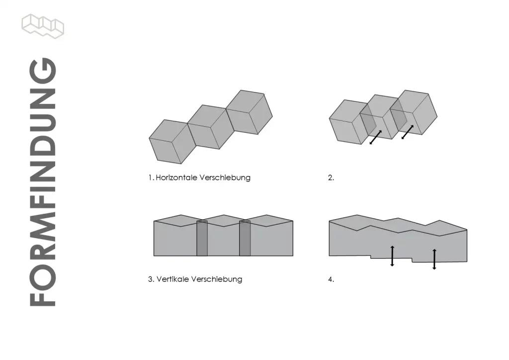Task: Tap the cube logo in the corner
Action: coord(43,26)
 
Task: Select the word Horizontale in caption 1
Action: coord(176,178)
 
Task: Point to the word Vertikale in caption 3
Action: coord(172,279)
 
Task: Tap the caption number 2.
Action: coord(331,178)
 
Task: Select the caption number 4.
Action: coord(331,279)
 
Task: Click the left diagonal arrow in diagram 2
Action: coord(376,137)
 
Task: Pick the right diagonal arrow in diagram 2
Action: coord(407,132)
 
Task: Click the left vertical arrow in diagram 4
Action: coord(392,256)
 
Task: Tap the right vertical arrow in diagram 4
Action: coord(434,259)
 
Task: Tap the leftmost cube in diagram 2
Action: coord(348,122)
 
